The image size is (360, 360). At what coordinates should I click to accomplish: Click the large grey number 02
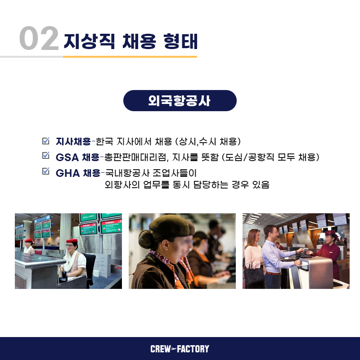39,38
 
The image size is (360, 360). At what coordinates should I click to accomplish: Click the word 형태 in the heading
181,41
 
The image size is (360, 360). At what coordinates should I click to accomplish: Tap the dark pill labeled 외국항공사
180,100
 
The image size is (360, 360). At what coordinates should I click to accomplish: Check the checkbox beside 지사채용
46,141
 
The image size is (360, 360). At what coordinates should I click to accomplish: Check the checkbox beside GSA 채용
46,155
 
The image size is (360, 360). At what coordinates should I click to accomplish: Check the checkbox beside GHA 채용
46,171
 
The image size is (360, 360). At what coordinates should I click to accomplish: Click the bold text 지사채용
73,142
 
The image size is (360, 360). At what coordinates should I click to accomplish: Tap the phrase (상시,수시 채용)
208,142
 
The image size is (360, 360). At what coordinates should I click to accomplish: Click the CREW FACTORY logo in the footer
180,349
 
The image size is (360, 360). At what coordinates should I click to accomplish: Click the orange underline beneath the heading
130,57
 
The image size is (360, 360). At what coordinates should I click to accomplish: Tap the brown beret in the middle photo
169,226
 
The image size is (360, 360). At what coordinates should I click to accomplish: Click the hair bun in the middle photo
144,239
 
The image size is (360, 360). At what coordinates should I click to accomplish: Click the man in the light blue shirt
277,256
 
